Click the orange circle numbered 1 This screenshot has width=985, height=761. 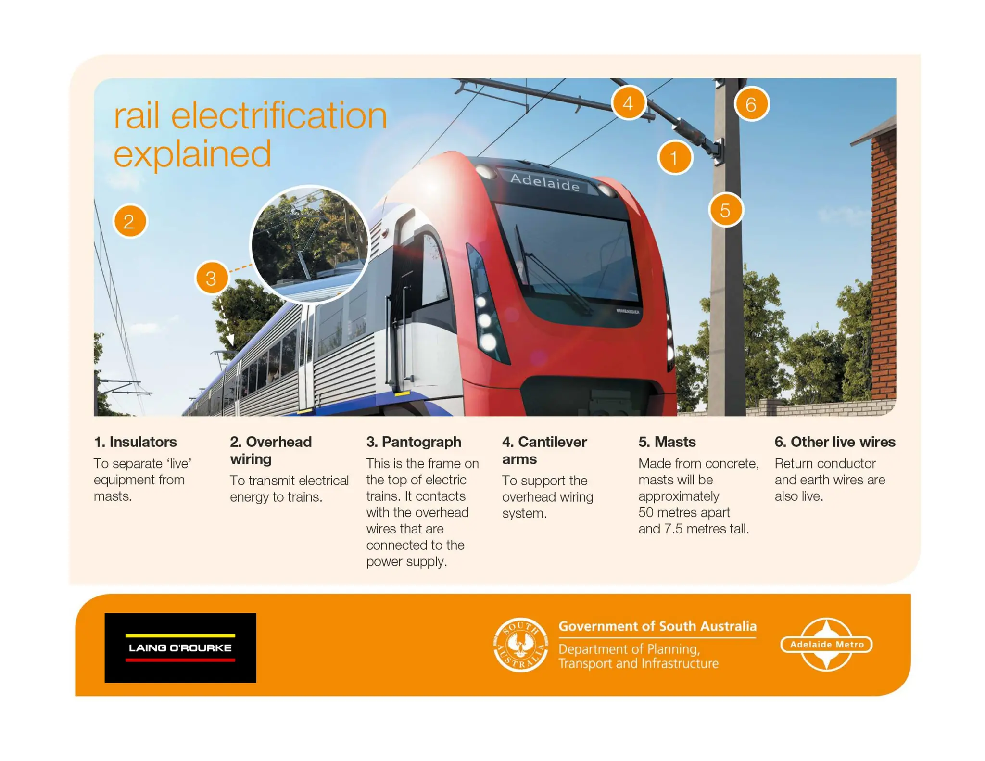click(x=675, y=157)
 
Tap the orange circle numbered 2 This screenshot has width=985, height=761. click(x=130, y=221)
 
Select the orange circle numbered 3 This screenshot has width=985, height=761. click(x=212, y=278)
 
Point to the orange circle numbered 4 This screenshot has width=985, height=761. click(x=628, y=103)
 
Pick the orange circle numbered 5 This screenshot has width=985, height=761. click(x=725, y=210)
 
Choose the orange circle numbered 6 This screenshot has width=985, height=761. click(x=751, y=104)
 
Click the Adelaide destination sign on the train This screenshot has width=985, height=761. click(x=545, y=182)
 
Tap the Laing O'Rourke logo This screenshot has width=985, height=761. click(x=180, y=647)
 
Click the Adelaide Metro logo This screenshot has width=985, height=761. click(x=826, y=644)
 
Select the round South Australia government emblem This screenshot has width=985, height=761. click(x=520, y=645)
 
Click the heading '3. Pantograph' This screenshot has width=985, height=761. click(x=414, y=442)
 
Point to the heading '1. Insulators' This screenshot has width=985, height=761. click(x=135, y=442)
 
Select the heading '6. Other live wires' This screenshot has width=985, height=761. click(x=834, y=442)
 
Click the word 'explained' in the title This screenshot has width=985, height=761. click(x=192, y=154)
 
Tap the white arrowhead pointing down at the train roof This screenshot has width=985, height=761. click(x=231, y=341)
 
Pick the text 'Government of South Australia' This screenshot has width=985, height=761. click(x=657, y=626)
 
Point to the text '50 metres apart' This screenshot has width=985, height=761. click(x=684, y=512)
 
